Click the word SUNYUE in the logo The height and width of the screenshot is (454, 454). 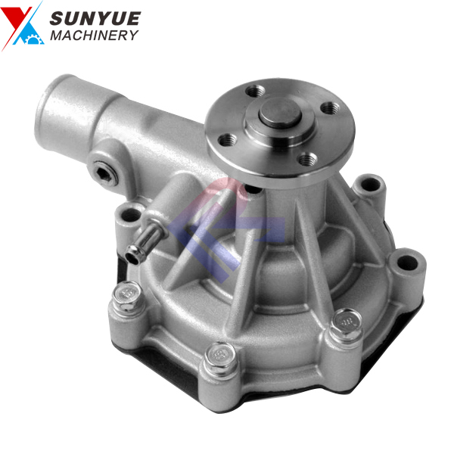coord(95,18)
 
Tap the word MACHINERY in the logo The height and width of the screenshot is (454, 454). coord(94,36)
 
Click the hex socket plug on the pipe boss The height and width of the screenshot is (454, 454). coord(105,173)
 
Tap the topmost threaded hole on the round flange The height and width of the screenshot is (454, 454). coord(256,92)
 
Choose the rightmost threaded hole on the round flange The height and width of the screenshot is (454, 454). coord(331,108)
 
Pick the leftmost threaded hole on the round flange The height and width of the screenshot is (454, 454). coord(228,140)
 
